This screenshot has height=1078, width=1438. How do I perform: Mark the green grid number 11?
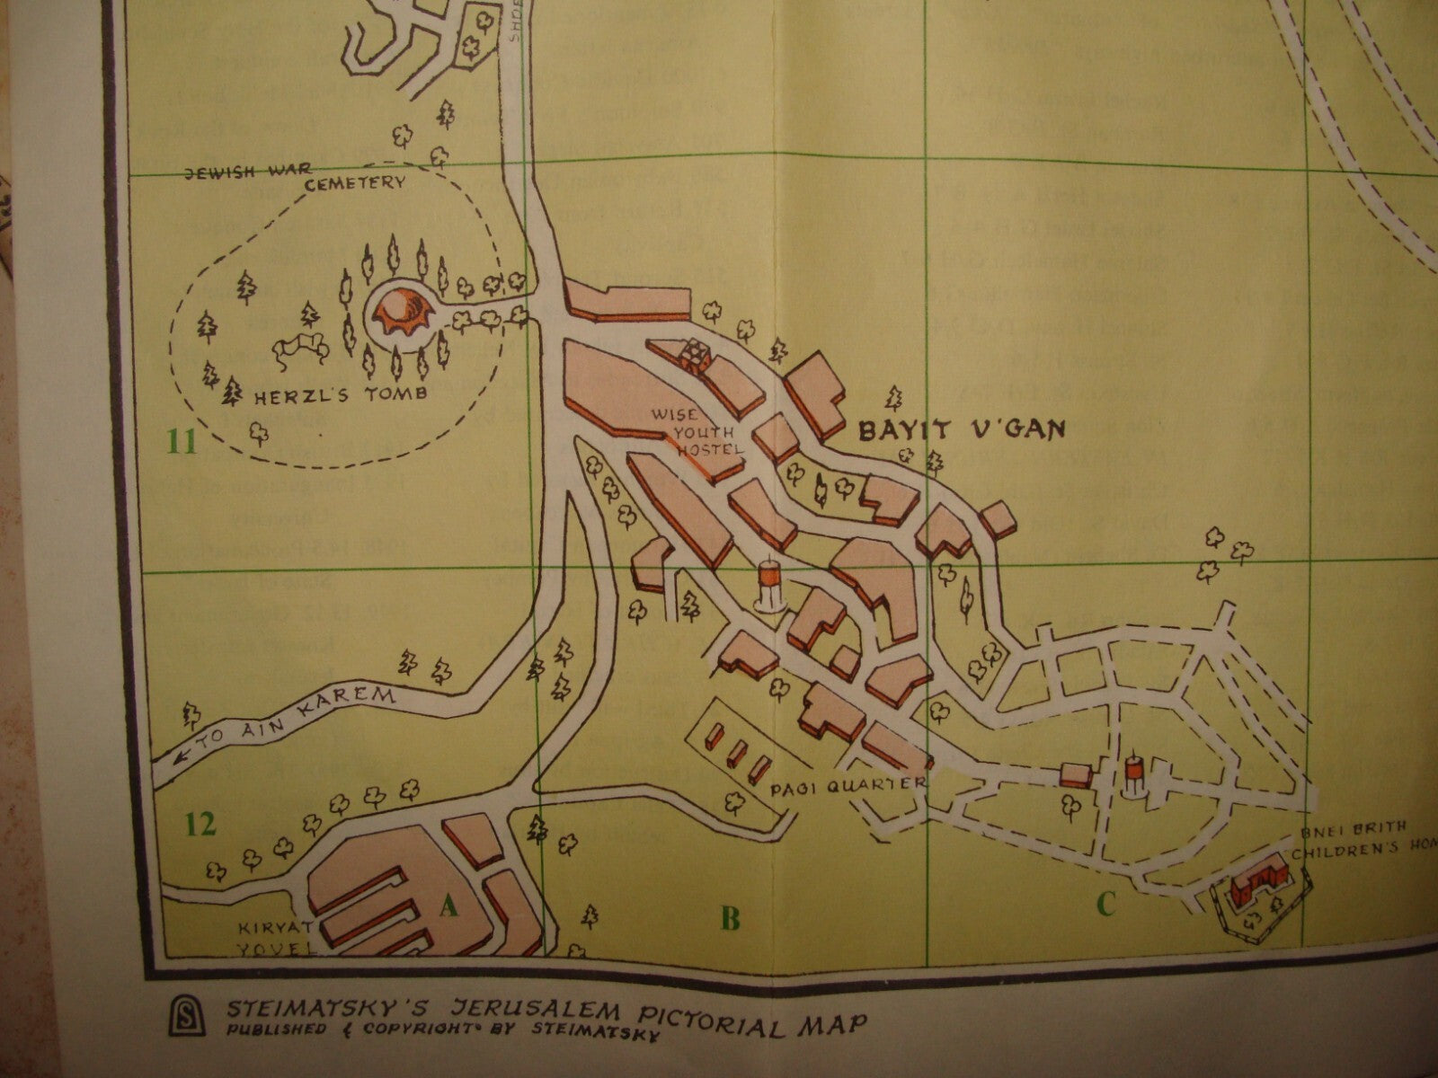[x=182, y=442]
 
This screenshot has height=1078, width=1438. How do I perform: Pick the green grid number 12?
[x=201, y=823]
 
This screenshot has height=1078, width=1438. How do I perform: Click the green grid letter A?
[x=448, y=909]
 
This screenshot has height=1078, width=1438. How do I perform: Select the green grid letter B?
[x=730, y=918]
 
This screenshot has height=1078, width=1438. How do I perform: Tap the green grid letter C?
[x=1105, y=905]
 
